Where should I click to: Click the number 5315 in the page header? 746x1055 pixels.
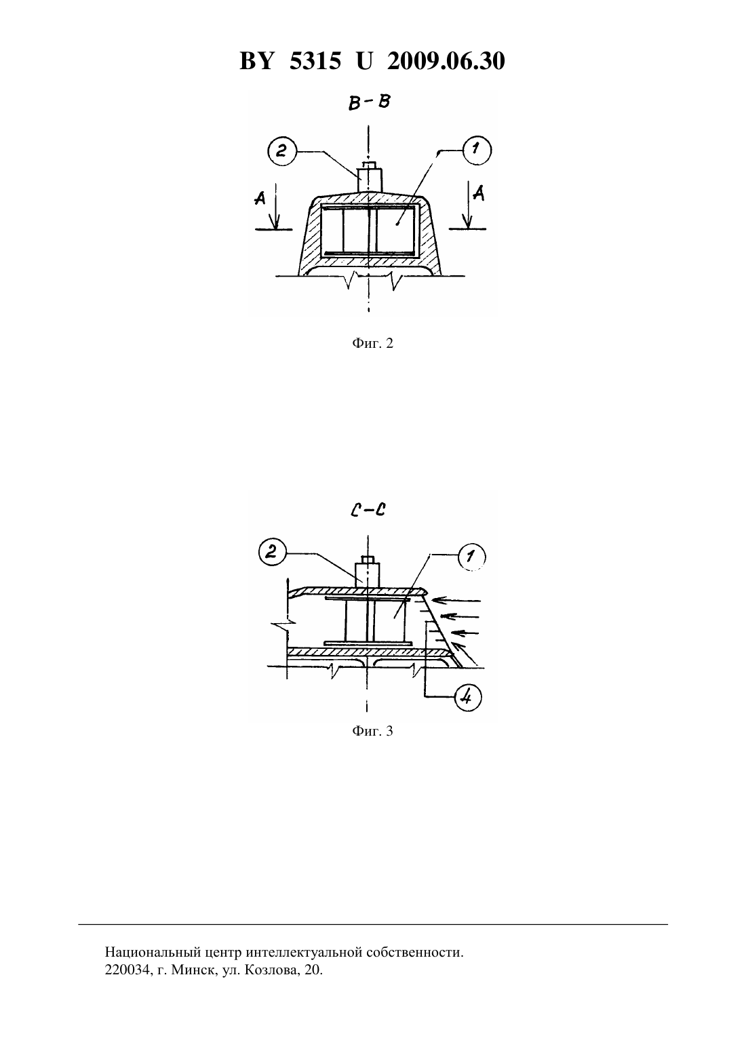click(x=315, y=61)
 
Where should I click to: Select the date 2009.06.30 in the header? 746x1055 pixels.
click(x=446, y=61)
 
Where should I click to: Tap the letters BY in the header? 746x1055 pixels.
click(x=256, y=61)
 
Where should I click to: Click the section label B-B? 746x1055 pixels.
click(x=369, y=102)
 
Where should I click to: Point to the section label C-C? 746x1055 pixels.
click(x=368, y=510)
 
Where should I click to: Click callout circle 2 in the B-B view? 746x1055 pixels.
click(x=281, y=151)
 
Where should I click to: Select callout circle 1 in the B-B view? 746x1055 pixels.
click(x=477, y=151)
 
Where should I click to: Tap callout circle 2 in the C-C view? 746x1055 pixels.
click(x=272, y=552)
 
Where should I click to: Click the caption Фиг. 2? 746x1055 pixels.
click(x=372, y=343)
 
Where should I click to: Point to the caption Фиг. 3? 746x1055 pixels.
click(x=372, y=731)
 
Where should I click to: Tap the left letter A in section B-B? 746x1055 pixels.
click(x=260, y=198)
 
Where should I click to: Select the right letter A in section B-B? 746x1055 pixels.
click(x=479, y=193)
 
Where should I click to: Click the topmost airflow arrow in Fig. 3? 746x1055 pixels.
click(x=456, y=601)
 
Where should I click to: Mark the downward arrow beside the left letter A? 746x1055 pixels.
click(x=276, y=206)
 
